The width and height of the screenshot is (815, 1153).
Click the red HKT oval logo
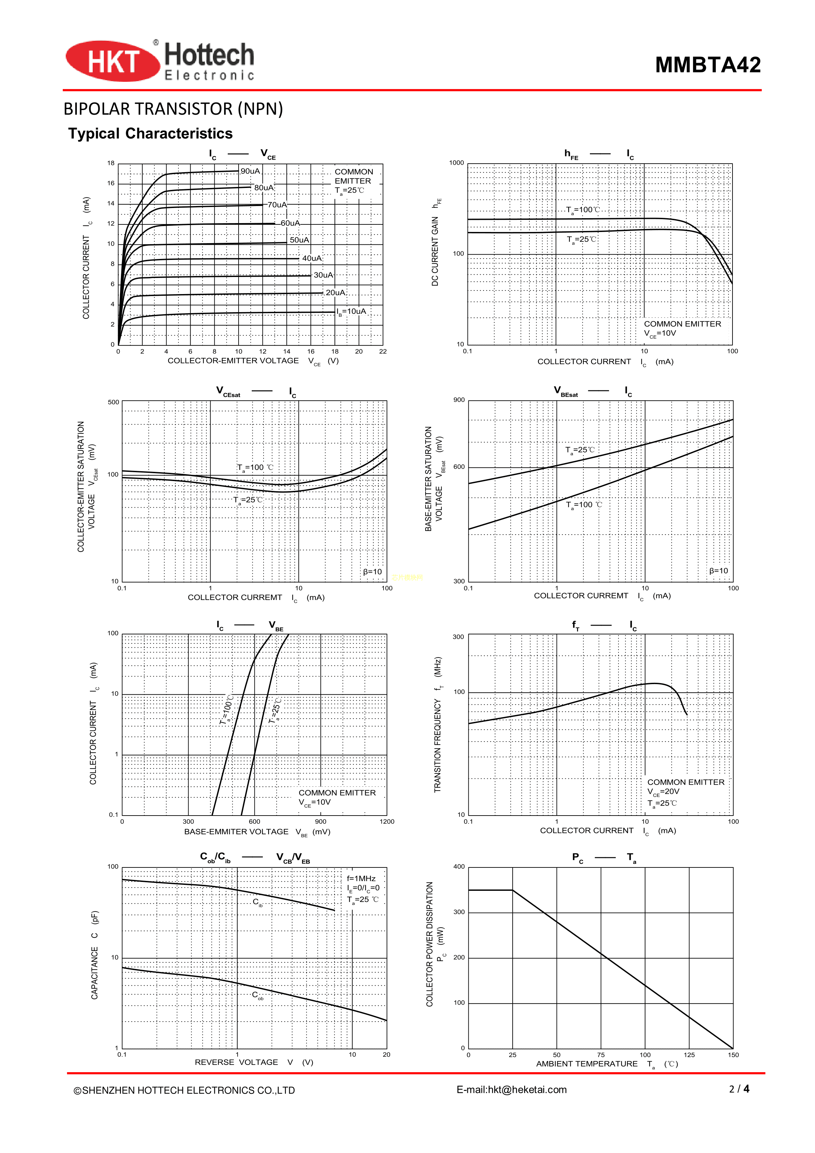(112, 61)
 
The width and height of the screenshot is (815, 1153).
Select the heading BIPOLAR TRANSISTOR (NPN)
(173, 109)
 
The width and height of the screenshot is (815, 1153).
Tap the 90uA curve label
(250, 171)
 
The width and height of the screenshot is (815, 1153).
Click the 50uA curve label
(299, 240)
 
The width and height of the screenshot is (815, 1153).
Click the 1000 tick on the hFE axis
(456, 163)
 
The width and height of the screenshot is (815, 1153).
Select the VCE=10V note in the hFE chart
(660, 334)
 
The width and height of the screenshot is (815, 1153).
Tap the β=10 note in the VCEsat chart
(372, 571)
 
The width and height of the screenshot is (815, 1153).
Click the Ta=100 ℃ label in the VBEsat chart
(584, 505)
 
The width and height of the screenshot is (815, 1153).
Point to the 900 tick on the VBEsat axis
(459, 400)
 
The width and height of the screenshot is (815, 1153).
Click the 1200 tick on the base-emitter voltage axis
(387, 821)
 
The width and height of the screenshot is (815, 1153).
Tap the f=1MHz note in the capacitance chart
(361, 878)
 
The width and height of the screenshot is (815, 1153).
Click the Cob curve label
(257, 995)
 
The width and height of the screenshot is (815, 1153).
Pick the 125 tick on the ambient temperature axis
(689, 1054)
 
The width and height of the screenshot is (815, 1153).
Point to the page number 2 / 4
(739, 1089)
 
